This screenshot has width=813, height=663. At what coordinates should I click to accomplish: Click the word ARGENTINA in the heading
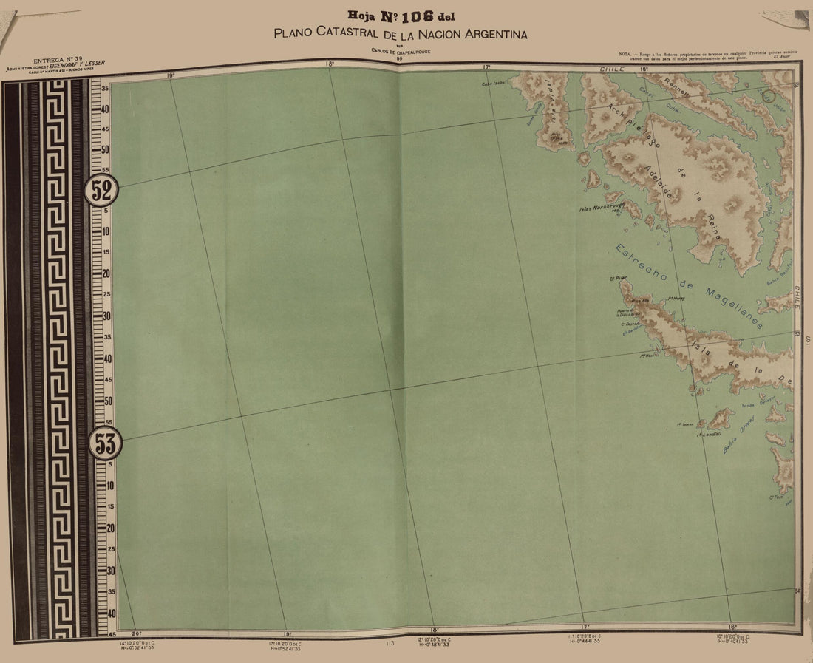[487, 34]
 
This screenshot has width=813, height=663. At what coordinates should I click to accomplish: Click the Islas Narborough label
[602, 208]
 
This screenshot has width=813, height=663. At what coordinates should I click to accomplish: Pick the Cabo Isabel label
[494, 84]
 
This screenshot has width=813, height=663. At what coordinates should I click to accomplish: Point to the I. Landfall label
[709, 435]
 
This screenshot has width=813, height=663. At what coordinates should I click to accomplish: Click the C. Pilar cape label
[617, 279]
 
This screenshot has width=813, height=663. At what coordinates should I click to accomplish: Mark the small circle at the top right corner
[769, 95]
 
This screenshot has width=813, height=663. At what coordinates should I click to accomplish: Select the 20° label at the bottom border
[137, 634]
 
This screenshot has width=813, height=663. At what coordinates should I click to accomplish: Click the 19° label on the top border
[170, 75]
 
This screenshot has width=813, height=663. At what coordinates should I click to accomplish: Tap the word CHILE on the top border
[613, 69]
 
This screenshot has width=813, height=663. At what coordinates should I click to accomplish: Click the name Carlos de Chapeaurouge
[400, 51]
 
